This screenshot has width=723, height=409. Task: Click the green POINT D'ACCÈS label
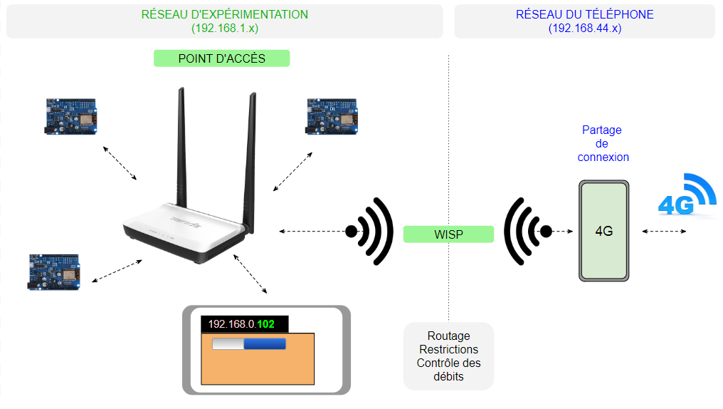click(221, 58)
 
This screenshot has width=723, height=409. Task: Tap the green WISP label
click(448, 234)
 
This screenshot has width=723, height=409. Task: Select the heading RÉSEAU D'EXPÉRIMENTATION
click(225, 14)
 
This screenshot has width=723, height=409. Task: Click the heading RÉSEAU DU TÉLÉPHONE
click(584, 14)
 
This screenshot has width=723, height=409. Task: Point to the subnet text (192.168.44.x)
click(584, 29)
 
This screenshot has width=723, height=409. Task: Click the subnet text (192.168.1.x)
click(225, 29)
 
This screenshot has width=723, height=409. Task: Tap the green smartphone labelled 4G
click(604, 231)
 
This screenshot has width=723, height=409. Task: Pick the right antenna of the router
click(250, 150)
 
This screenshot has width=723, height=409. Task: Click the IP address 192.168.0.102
click(241, 324)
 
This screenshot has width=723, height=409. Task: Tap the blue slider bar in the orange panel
click(264, 344)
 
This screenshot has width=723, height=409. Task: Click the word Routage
click(448, 336)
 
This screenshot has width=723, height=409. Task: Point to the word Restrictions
click(448, 349)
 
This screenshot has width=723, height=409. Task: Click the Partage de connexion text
click(603, 143)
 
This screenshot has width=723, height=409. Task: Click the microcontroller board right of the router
click(332, 115)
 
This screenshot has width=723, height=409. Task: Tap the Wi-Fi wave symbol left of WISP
click(371, 231)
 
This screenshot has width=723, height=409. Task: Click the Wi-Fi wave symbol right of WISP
click(527, 231)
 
